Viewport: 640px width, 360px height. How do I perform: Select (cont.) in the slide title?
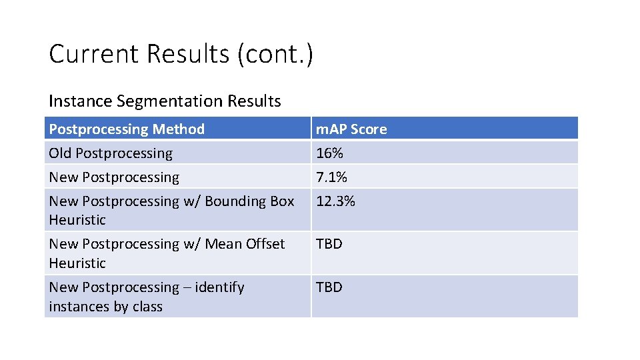(x=274, y=54)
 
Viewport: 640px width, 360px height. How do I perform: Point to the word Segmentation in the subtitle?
(x=169, y=101)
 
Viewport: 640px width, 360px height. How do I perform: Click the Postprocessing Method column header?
(x=127, y=129)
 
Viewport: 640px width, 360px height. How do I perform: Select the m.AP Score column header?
(x=351, y=129)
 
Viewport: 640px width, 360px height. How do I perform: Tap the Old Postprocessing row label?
(x=111, y=153)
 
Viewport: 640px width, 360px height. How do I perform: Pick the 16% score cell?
(x=329, y=153)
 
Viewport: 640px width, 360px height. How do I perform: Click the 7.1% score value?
(x=331, y=177)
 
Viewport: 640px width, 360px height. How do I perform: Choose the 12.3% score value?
(x=335, y=201)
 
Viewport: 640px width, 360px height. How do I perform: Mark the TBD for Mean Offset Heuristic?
(x=329, y=244)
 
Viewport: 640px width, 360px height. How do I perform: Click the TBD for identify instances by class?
(x=329, y=287)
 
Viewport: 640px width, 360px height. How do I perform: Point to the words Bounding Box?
(x=255, y=201)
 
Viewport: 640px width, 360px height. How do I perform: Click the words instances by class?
(x=105, y=307)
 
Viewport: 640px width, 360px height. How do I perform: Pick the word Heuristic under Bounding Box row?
(x=77, y=220)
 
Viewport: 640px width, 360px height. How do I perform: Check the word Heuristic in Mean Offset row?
(x=77, y=263)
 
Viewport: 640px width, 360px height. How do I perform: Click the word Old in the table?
(x=60, y=153)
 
